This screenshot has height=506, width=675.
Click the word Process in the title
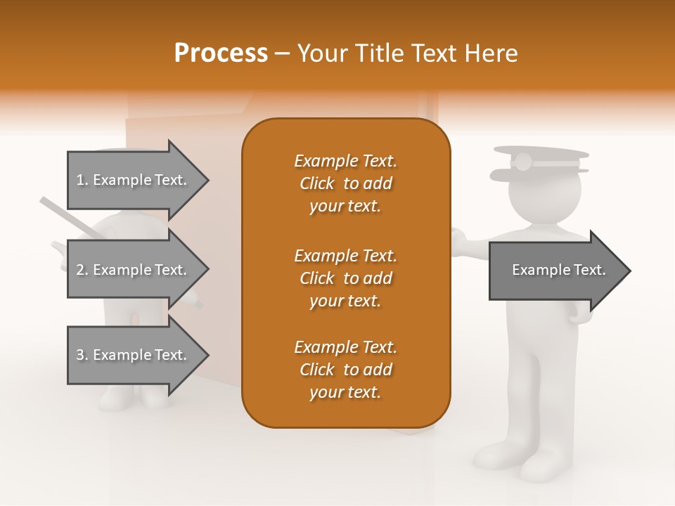tap(221, 53)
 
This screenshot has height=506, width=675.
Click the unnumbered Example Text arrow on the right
tap(555, 271)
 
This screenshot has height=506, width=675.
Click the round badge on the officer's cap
tap(522, 162)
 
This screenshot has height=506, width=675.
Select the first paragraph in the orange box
tap(345, 183)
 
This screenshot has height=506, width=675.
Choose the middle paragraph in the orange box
tap(345, 278)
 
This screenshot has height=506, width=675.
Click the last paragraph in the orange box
tap(345, 370)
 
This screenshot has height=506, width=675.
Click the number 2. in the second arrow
tap(82, 270)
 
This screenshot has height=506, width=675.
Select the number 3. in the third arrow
tap(82, 355)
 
